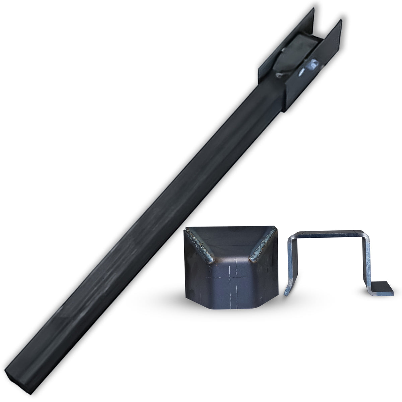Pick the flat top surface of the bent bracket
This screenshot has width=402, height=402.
[x=330, y=232]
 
